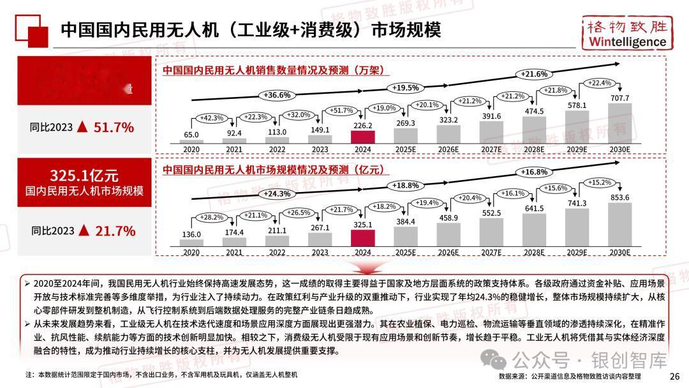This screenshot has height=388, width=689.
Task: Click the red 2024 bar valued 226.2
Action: [363, 137]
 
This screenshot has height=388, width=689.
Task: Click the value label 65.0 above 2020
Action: [191, 135]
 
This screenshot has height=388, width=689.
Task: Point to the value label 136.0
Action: [191, 234]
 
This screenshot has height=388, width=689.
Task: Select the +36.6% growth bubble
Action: [276, 95]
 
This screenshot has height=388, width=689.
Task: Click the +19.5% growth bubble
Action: [406, 87]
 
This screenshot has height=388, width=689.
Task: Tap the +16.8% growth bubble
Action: [534, 172]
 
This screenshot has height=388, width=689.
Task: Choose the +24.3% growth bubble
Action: [276, 193]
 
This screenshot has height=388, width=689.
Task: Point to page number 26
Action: [674, 376]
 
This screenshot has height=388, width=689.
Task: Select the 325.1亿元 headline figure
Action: [84, 175]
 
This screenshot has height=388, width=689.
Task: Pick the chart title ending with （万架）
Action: [276, 71]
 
